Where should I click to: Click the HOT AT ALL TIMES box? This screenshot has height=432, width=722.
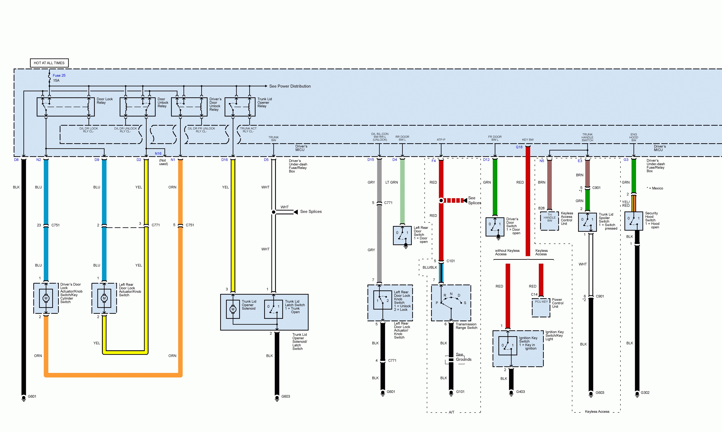(x=49, y=63)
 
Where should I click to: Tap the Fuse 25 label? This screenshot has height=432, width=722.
(x=59, y=75)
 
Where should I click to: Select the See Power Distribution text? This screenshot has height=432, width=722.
(x=290, y=86)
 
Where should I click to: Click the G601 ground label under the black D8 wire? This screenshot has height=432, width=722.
(x=32, y=396)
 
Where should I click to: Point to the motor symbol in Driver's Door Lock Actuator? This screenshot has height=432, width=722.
(x=46, y=298)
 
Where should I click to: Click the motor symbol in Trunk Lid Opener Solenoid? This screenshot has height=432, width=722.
(x=233, y=309)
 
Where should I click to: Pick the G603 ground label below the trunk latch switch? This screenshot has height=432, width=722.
(x=286, y=396)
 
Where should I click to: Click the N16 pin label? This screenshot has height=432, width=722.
(x=158, y=153)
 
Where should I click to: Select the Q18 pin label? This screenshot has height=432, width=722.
(x=519, y=147)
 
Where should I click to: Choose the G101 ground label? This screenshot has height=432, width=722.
(x=460, y=391)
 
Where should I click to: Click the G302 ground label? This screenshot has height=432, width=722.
(x=645, y=392)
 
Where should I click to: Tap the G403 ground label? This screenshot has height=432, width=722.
(x=520, y=391)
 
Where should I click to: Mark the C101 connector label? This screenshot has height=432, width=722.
(x=450, y=261)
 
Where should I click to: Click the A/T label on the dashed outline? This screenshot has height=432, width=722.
(x=451, y=412)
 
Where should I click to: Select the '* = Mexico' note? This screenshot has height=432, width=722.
(x=655, y=188)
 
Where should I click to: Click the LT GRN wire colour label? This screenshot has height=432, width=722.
(x=391, y=182)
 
